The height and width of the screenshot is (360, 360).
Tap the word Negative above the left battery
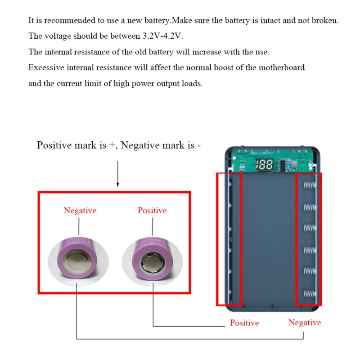(80, 211)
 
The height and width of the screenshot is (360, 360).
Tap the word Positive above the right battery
(152, 211)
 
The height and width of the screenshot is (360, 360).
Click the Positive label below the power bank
(244, 323)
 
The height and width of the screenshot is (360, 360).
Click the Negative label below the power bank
(305, 323)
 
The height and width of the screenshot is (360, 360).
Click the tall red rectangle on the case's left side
(226, 238)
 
